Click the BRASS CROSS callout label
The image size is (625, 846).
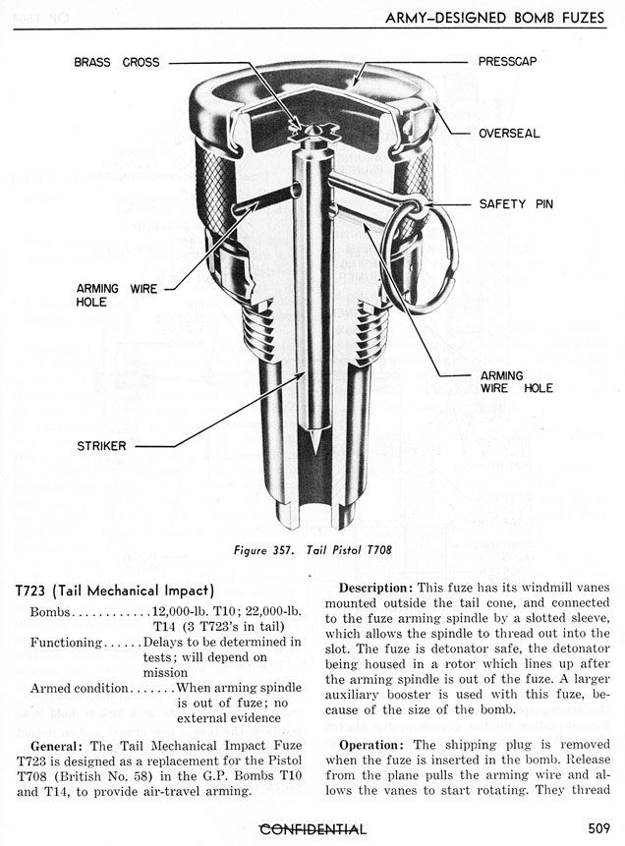point(117,62)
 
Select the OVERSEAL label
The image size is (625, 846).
point(509,133)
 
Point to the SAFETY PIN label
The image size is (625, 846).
point(517,204)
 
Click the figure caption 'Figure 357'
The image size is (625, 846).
point(264,550)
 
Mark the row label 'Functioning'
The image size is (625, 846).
point(67,642)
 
